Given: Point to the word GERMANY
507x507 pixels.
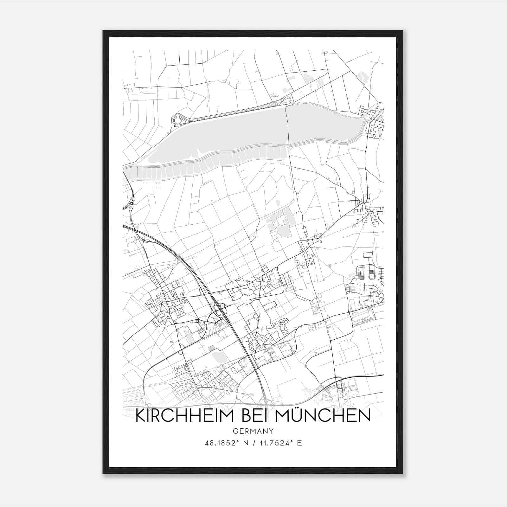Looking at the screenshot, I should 253,431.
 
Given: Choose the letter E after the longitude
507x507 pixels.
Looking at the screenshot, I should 299,443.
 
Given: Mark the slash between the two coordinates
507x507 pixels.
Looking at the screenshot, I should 253,443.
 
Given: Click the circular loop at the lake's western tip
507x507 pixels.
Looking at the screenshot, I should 178,120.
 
